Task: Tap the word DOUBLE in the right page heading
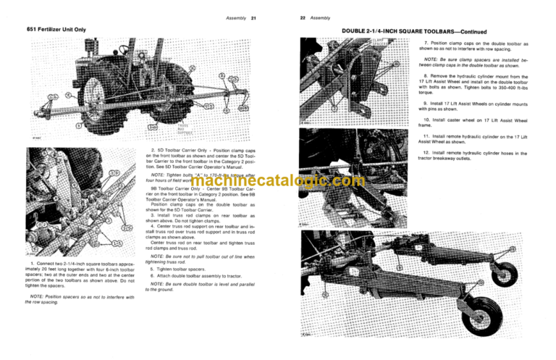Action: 355,32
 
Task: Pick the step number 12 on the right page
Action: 426,153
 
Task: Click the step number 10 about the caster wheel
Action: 426,119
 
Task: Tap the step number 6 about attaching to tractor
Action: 151,276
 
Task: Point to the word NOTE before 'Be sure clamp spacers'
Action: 432,59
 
